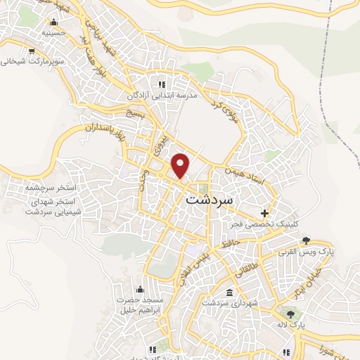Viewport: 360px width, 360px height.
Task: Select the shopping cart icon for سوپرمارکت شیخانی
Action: tap(32, 51)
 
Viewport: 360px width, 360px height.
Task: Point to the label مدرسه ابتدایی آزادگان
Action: tap(165, 95)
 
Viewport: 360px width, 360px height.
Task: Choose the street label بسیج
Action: tap(135, 113)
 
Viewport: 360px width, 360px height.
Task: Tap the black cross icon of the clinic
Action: tap(264, 212)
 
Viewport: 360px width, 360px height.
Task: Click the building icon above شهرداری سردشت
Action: tap(229, 292)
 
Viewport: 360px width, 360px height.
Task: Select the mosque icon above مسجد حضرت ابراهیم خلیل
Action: tap(139, 289)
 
